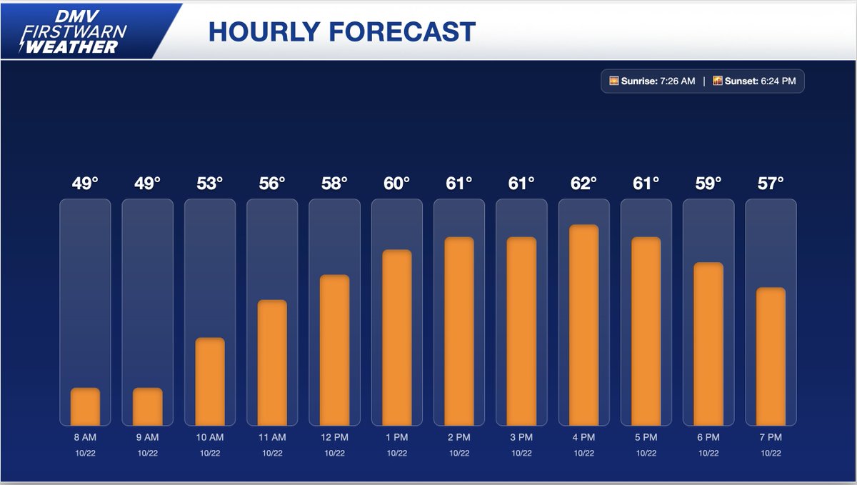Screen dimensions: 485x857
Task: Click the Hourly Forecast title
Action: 341,31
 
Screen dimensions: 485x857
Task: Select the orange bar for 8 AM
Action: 85,406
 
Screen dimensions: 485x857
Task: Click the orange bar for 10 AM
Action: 210,381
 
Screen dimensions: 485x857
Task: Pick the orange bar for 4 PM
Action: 583,325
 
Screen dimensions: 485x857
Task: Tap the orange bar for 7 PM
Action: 771,356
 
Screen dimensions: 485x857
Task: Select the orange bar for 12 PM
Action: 334,350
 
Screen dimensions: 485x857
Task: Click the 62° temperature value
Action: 583,184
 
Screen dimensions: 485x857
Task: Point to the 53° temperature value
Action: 210,184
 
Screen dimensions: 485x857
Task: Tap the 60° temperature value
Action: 396,184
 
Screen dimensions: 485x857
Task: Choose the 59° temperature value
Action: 708,184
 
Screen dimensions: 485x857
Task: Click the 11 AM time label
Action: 272,437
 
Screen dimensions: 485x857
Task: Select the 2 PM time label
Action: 458,437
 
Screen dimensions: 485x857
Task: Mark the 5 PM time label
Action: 646,437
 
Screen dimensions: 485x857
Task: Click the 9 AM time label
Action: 147,437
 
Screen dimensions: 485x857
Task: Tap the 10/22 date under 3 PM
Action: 521,453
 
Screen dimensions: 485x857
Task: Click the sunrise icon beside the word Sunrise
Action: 613,81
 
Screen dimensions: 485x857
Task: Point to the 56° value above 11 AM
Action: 272,184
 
